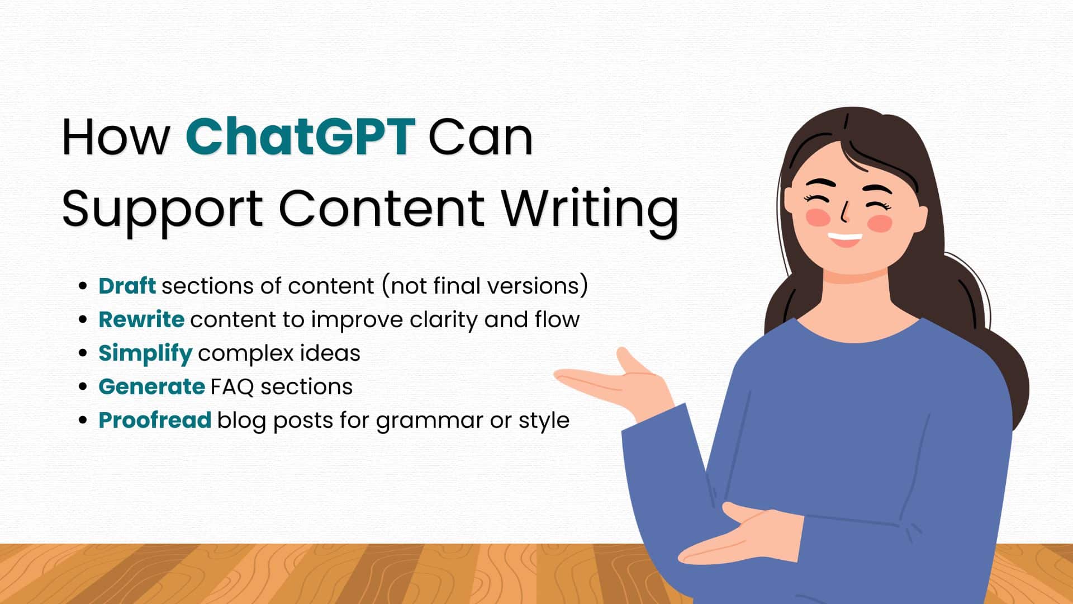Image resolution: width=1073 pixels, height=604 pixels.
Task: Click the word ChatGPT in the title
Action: (300, 137)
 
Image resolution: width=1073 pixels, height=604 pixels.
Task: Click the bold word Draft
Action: (127, 286)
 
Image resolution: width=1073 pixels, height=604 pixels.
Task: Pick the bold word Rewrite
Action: (141, 319)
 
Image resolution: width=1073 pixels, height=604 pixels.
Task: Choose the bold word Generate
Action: (151, 386)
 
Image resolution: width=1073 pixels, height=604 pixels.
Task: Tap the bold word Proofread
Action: (155, 420)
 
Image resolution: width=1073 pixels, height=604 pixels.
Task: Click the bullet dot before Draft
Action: (83, 286)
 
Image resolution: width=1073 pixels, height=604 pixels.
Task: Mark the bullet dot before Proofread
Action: (83, 421)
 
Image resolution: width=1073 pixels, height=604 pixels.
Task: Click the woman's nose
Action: (846, 213)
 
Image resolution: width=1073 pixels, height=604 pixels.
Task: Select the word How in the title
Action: (115, 137)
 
